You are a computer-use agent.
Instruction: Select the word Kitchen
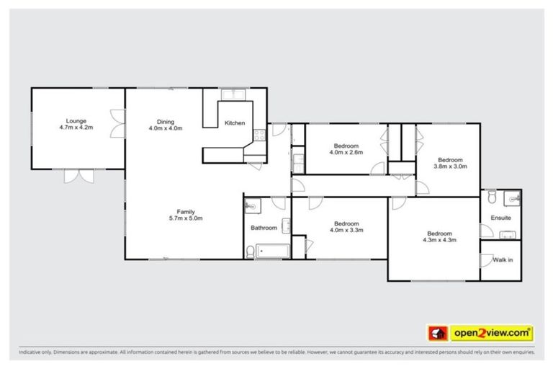pos(235,123)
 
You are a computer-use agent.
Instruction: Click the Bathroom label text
pos(264,228)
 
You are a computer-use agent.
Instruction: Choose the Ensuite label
pos(501,217)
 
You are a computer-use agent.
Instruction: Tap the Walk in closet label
pos(502,259)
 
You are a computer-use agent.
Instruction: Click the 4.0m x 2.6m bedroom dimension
pos(346,153)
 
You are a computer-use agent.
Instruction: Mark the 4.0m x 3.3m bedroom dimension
pos(346,231)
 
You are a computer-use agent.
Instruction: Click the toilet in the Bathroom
pos(250,251)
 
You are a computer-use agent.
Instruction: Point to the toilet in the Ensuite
pos(491,197)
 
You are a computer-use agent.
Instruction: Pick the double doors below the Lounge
pos(78,174)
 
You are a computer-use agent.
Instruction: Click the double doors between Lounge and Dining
pos(117,123)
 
